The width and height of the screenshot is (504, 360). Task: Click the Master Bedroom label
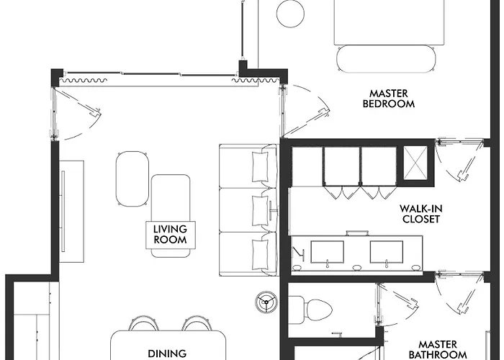[x=389, y=99]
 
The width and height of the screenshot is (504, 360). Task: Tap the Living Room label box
[x=171, y=235]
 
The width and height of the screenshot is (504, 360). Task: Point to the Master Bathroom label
[x=438, y=349]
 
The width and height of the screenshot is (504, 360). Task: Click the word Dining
[x=167, y=354]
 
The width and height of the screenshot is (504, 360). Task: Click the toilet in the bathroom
[x=310, y=310]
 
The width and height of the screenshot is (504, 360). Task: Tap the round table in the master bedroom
[x=290, y=14]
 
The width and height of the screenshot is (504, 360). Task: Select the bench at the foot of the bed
[x=386, y=59]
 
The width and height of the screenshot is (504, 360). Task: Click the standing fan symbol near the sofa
[x=266, y=302]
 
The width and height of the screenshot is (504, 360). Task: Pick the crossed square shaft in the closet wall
[x=415, y=163]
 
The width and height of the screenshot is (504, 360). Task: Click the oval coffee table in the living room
[x=132, y=179]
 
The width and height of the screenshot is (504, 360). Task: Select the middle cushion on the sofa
[x=260, y=210]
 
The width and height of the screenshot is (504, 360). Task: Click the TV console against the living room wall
[x=71, y=212]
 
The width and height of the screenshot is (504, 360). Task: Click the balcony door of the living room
[x=76, y=114]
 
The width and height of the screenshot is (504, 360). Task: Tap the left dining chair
[x=144, y=323]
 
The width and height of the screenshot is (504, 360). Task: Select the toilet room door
[x=397, y=304]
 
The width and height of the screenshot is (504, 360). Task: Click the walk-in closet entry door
[x=459, y=160]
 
